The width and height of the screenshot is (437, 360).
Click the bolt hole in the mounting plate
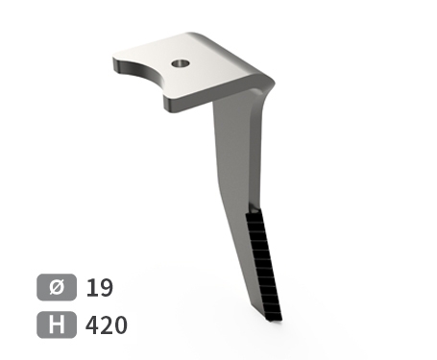181,63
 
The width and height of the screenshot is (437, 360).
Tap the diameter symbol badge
57,287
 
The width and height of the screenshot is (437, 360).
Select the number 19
100,287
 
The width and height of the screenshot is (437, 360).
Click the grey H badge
57,324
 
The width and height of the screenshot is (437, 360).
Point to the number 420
107,324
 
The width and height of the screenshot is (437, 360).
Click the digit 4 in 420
92,324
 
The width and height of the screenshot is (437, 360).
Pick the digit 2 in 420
107,324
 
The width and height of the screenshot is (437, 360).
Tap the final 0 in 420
121,324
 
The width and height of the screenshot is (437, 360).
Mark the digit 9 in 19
107,287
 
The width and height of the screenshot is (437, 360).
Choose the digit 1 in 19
91,287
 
